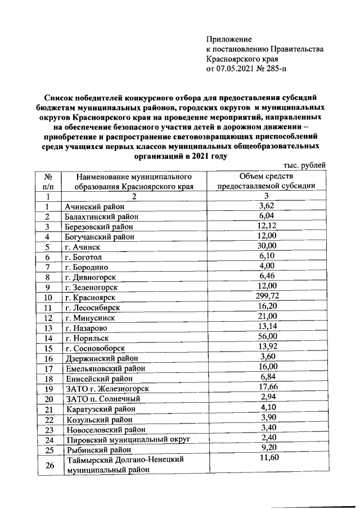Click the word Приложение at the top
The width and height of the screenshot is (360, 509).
click(x=229, y=39)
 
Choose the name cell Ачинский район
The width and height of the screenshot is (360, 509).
click(x=93, y=207)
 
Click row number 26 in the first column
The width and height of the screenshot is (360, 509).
click(x=48, y=465)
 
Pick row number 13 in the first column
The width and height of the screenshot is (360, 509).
click(x=48, y=328)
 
